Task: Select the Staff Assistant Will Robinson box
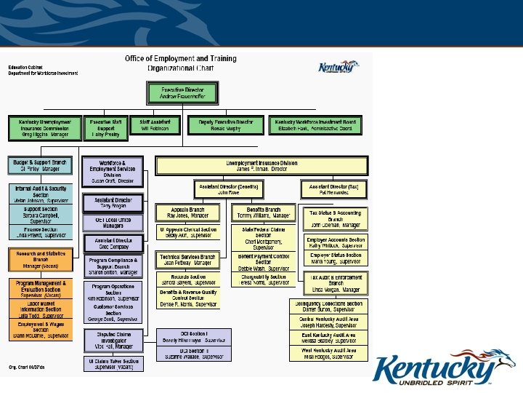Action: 154,125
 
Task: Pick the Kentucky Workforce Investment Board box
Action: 315,125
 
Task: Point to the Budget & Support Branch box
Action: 41,165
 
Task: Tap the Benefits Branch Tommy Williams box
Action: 263,213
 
